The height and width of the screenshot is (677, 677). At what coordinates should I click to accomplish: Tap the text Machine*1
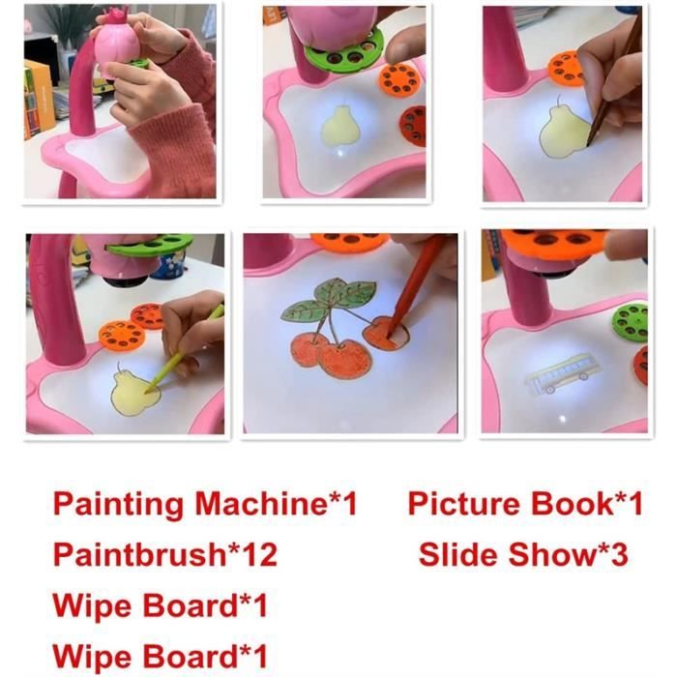(x=277, y=503)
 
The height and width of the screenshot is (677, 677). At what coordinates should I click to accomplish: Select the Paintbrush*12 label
(x=165, y=554)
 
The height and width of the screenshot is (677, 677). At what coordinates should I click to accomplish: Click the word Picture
(x=463, y=504)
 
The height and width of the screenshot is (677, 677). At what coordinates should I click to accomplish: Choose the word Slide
(x=459, y=554)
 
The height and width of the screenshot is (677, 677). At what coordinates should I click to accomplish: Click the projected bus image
(x=560, y=373)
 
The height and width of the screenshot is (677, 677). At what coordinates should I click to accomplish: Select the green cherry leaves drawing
(x=328, y=298)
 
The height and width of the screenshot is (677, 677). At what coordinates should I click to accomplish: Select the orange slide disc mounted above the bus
(x=555, y=244)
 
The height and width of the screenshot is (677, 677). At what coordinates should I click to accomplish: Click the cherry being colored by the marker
(x=385, y=334)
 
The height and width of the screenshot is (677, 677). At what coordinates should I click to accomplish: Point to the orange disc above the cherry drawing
(x=350, y=242)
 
